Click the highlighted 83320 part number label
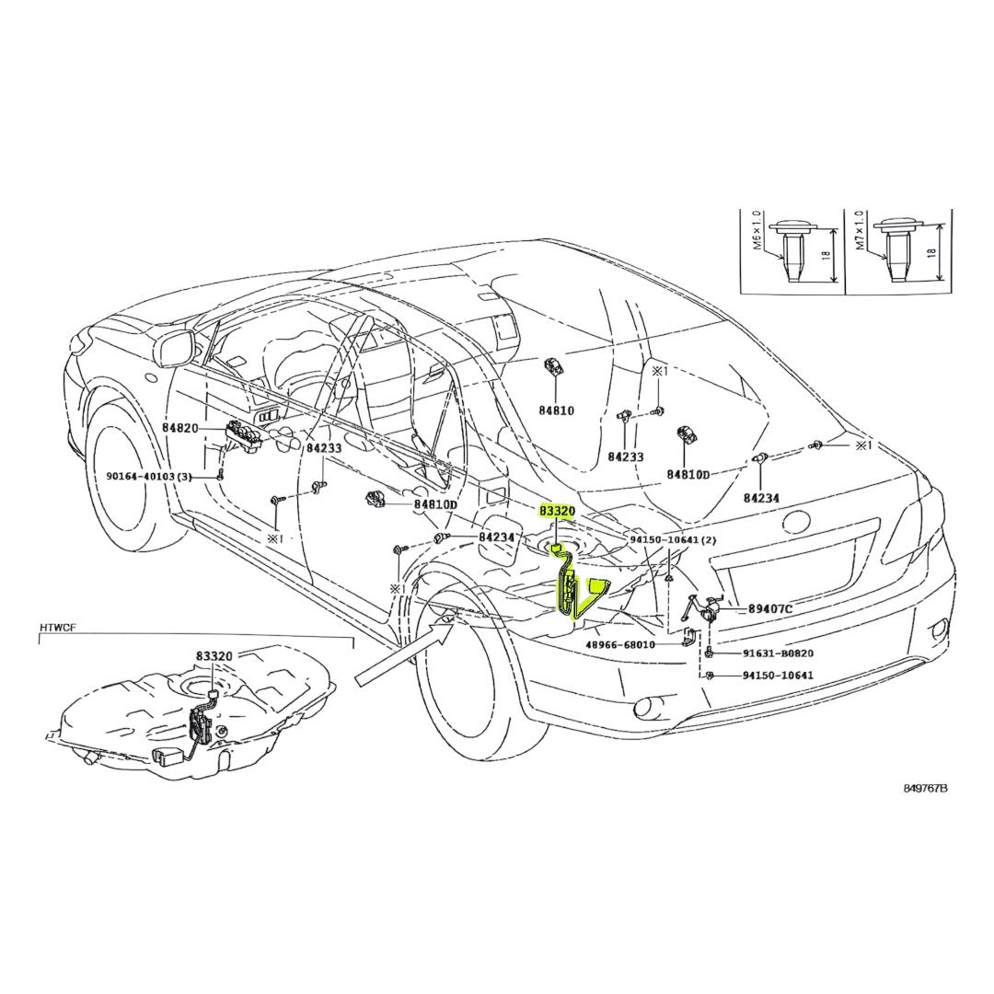tap(557, 510)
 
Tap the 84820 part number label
tap(180, 428)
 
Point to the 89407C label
tap(770, 608)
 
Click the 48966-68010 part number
tap(620, 644)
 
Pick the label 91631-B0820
tap(778, 653)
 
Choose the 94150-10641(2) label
tap(673, 539)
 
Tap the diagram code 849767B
tap(926, 789)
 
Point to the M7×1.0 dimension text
tap(861, 232)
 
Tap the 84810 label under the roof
tap(557, 410)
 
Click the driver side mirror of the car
tap(173, 347)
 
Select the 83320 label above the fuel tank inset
tap(214, 657)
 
